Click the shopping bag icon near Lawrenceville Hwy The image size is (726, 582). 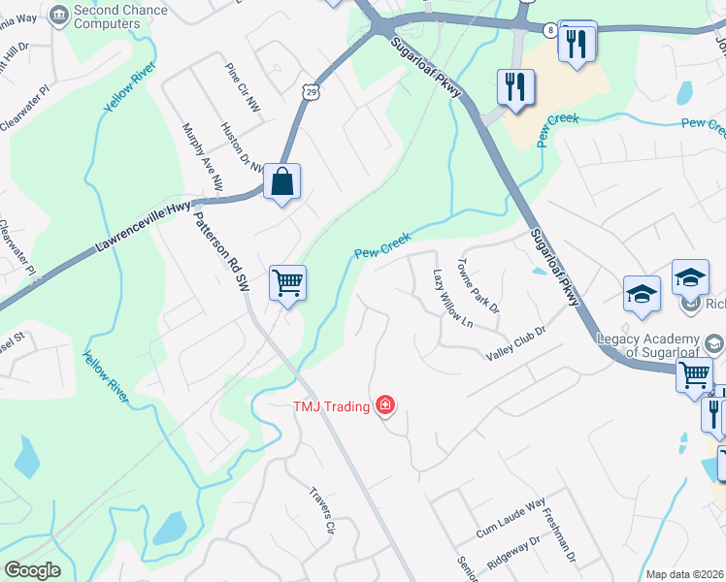pyautogui.click(x=281, y=181)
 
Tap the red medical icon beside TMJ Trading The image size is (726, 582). pyautogui.click(x=385, y=405)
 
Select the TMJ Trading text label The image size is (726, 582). pyautogui.click(x=332, y=406)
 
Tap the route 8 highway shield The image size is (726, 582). pyautogui.click(x=550, y=30)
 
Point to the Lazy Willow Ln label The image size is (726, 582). pyautogui.click(x=452, y=299)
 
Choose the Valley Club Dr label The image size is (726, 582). pyautogui.click(x=517, y=343)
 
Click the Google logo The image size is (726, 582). pyautogui.click(x=32, y=570)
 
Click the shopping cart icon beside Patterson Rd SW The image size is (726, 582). pyautogui.click(x=287, y=283)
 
